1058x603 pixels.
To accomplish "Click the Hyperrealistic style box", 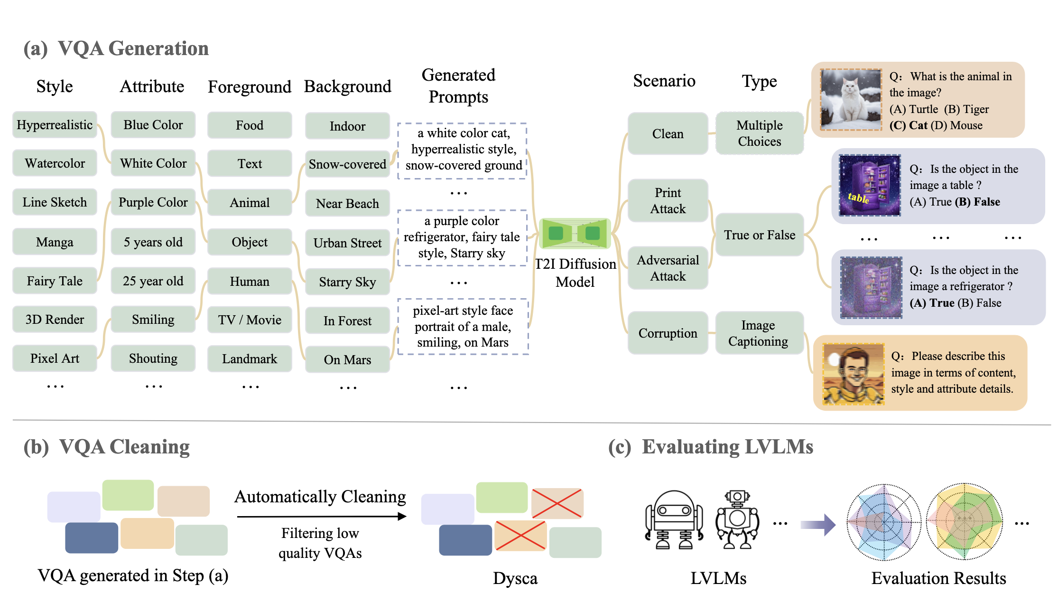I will [x=55, y=125].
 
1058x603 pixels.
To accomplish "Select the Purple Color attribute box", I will [x=153, y=202].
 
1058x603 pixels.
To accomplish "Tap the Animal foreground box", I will [x=250, y=203].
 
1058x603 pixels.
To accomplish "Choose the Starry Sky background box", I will [x=347, y=282].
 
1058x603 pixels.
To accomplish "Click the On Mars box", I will [x=347, y=360].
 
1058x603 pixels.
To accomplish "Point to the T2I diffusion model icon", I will [x=575, y=234].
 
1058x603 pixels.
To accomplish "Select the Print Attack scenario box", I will [x=668, y=201].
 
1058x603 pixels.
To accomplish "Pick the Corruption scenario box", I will [x=668, y=333].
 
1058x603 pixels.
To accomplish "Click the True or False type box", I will [x=759, y=235].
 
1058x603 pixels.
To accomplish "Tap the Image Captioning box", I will [x=758, y=333].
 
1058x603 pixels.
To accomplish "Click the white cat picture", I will [x=851, y=100].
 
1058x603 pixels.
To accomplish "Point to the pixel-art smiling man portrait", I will [x=854, y=374].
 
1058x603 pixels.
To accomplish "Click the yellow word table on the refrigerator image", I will [x=858, y=198].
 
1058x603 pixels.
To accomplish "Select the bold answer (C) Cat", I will [x=908, y=126].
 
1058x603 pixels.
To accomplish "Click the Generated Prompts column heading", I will [x=458, y=86].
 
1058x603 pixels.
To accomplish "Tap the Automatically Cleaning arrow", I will [x=321, y=517].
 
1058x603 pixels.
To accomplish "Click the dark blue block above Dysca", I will [x=465, y=540].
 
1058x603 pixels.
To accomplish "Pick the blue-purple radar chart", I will [x=884, y=522].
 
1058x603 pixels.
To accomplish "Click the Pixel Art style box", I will [x=55, y=358].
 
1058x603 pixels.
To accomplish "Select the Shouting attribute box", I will [x=153, y=358].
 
